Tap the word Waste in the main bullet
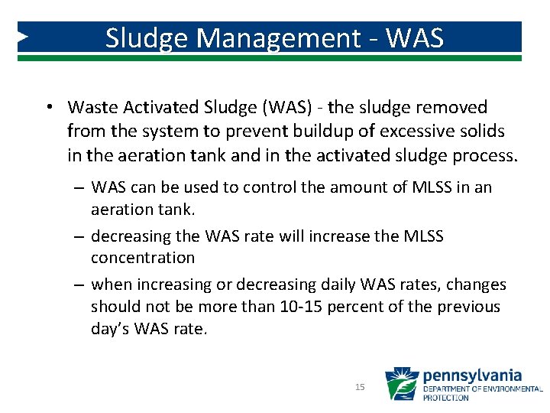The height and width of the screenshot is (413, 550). pos(90,108)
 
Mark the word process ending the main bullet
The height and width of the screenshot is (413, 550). pos(484,156)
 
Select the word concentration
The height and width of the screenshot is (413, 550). pos(143,258)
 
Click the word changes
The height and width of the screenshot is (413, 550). pos(476,285)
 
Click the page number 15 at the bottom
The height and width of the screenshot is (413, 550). pos(360,388)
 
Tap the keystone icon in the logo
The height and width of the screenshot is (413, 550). pos(401,384)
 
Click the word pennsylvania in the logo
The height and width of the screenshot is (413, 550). pos(472,376)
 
